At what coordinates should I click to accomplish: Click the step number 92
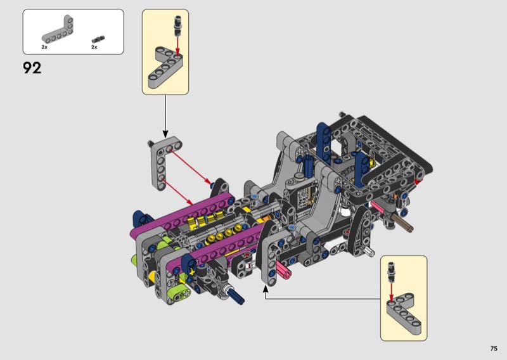32,68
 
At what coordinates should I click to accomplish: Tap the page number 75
494,349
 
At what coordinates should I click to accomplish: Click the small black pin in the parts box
98,39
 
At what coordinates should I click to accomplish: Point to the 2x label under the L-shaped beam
44,47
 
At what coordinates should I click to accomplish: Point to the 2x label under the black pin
94,47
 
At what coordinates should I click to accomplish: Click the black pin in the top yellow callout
177,25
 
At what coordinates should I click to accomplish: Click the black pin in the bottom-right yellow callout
392,271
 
